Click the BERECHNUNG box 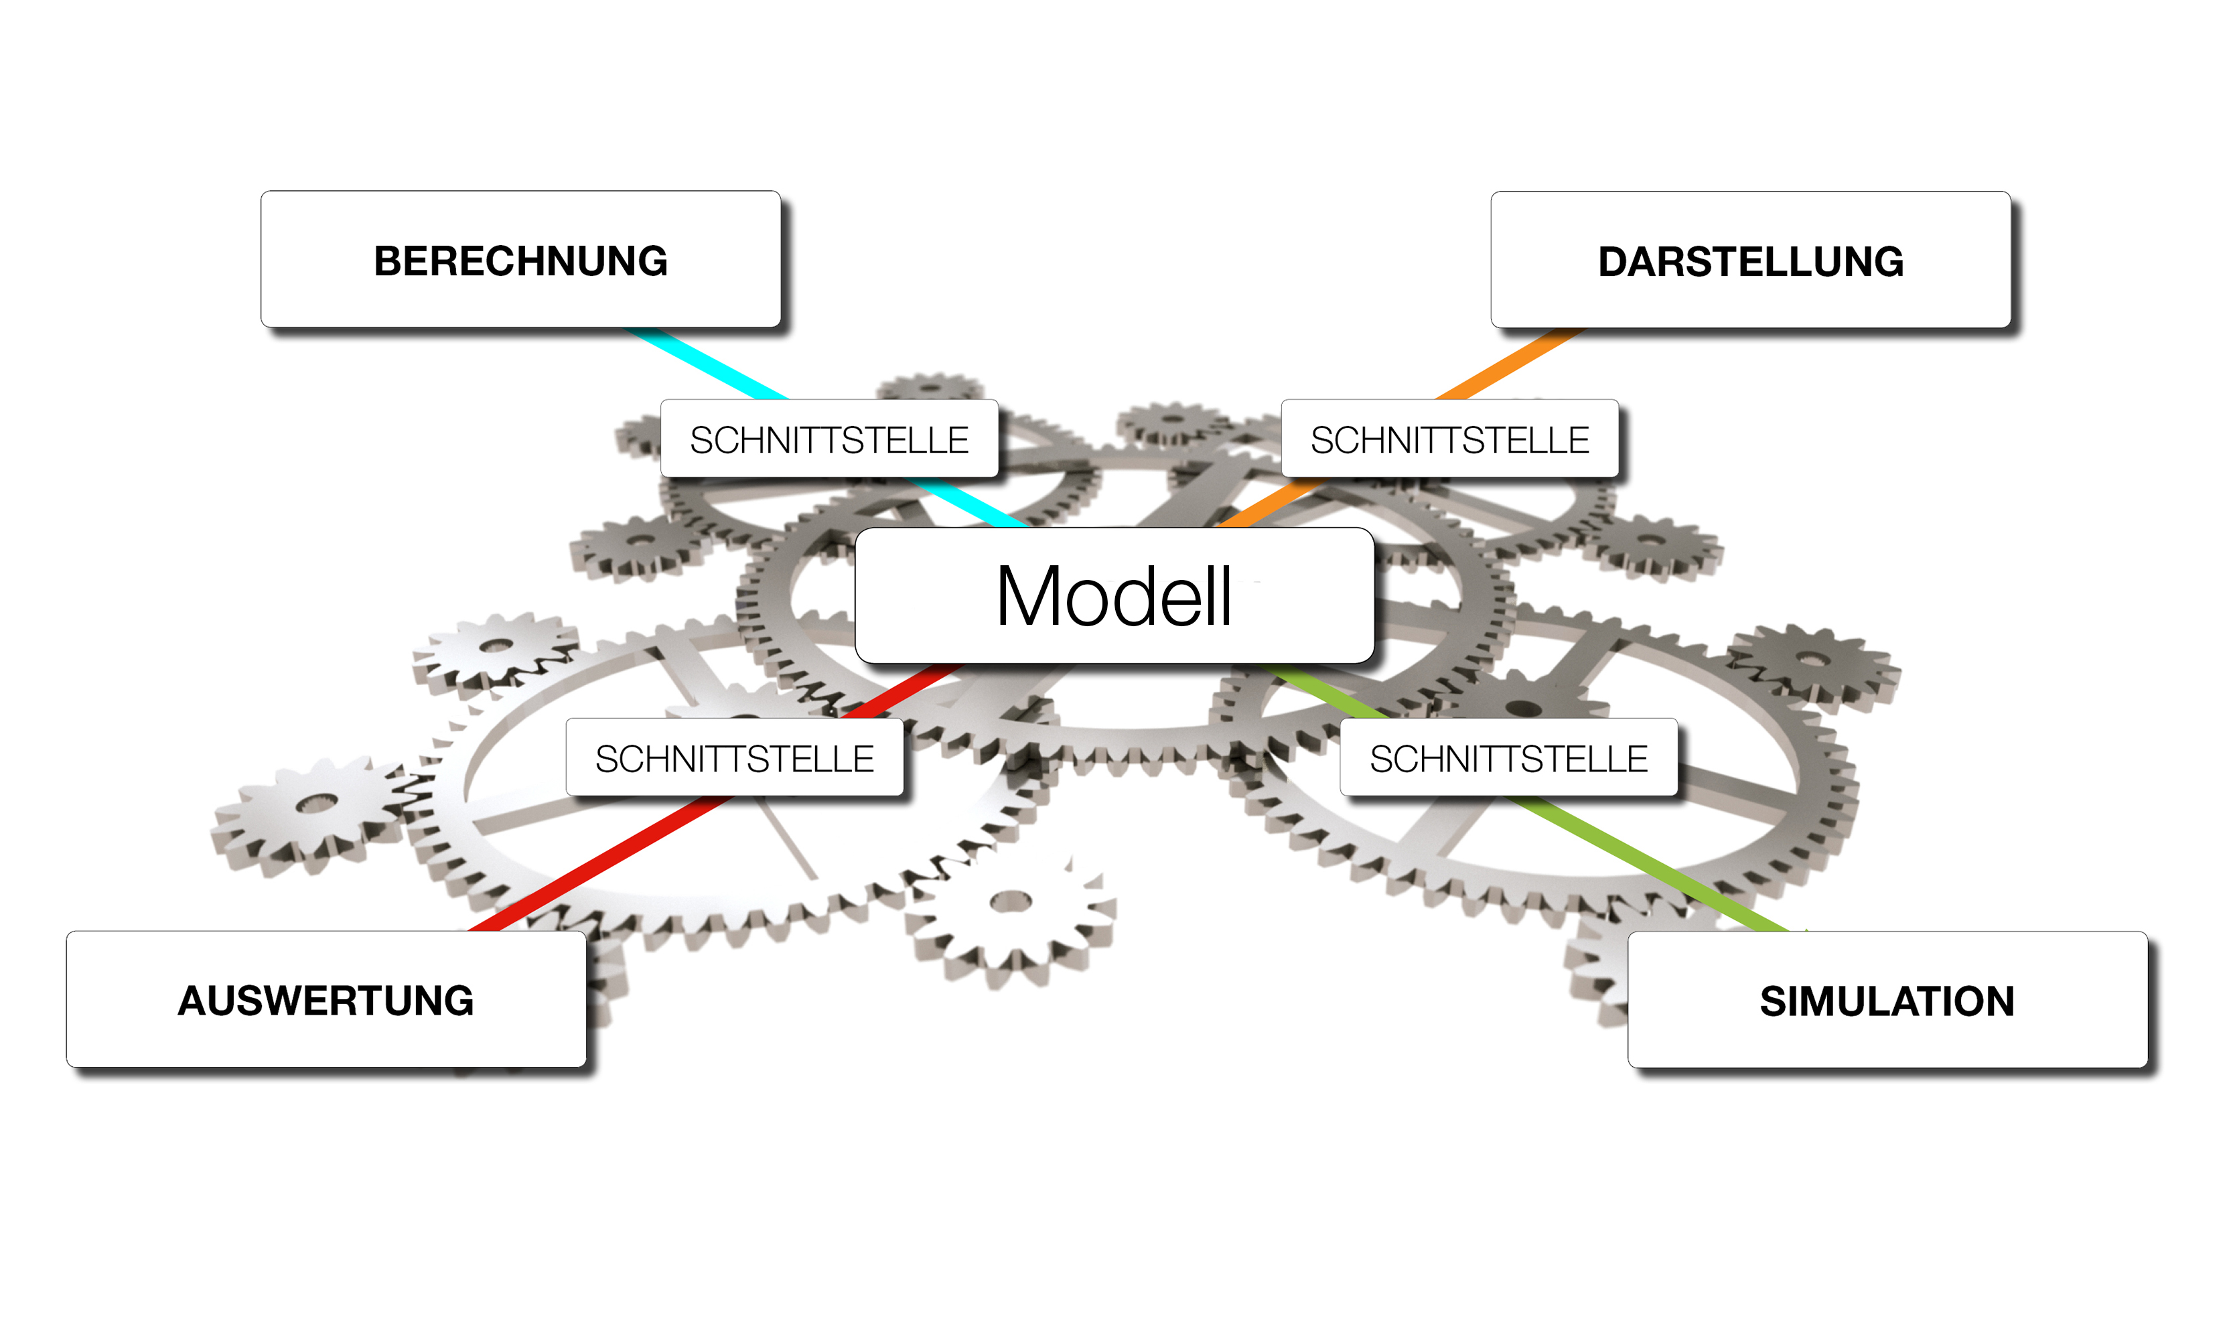click(x=520, y=259)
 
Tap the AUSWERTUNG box click(x=326, y=999)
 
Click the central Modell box click(x=1114, y=595)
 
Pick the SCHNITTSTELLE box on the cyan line click(x=829, y=439)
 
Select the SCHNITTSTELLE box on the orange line click(x=1449, y=439)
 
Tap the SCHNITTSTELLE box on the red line click(x=735, y=757)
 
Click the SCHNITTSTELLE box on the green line click(x=1508, y=757)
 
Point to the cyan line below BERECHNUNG click(x=706, y=364)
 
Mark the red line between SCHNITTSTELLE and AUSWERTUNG click(x=604, y=861)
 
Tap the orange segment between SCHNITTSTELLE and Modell click(x=1270, y=502)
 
